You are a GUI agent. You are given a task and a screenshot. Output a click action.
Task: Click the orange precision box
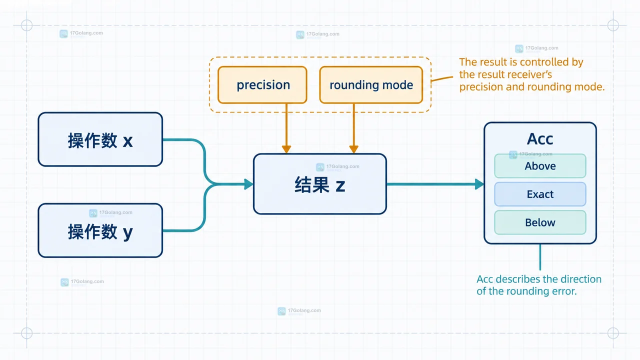click(262, 85)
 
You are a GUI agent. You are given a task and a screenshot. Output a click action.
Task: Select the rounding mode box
click(371, 85)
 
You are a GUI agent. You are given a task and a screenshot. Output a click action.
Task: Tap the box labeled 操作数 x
click(100, 139)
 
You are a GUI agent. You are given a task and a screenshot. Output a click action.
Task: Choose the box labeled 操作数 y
click(100, 230)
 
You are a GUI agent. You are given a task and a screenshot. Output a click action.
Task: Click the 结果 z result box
click(320, 184)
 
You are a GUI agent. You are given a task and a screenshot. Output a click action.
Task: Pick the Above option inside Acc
click(540, 166)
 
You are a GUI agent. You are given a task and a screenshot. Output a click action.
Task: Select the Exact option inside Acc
click(540, 194)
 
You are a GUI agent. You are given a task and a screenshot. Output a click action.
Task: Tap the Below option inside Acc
click(540, 222)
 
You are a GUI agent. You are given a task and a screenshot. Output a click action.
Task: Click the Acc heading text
click(540, 139)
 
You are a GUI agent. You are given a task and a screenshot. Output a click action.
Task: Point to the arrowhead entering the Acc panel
click(479, 184)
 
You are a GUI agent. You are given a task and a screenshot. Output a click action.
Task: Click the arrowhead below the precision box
click(286, 149)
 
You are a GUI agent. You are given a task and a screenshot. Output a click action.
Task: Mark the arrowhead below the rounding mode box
click(353, 149)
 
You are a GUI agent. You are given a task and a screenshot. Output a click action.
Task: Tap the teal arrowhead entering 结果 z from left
click(249, 184)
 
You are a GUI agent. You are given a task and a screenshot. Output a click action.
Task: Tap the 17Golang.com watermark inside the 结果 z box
click(337, 166)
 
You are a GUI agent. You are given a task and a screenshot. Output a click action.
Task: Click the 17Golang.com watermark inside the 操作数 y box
click(111, 212)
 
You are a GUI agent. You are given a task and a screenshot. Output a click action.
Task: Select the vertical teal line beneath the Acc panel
click(540, 257)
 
